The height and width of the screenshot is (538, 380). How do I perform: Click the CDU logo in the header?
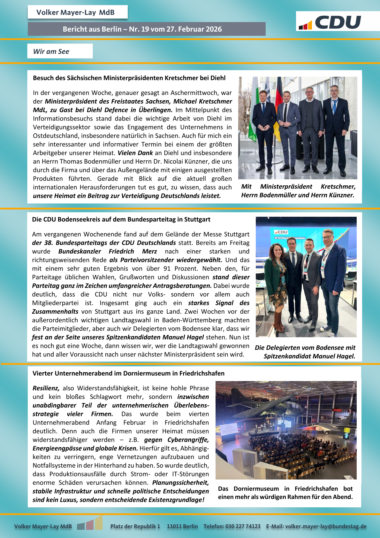coord(330,22)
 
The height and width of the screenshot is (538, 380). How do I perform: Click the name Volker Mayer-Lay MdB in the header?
coord(75,12)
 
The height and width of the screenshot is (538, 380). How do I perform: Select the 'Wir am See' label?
coord(51,51)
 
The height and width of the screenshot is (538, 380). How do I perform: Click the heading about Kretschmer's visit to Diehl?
coord(129,78)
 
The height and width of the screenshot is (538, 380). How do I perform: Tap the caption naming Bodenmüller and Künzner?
coord(298,191)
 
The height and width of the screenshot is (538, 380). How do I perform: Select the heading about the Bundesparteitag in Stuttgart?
coord(121,219)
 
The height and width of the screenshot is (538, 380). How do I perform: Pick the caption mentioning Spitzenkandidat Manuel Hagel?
coord(305,352)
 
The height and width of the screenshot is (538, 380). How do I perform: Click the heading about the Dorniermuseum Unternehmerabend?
coord(128,373)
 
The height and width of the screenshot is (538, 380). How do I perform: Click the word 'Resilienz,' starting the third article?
coord(46,388)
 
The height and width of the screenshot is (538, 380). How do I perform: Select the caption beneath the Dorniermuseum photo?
coord(285,493)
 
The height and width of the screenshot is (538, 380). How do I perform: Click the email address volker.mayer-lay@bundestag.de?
coord(326,526)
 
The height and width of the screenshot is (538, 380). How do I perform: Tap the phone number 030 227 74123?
coord(243,526)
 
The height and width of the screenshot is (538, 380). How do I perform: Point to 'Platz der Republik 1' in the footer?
coord(135,526)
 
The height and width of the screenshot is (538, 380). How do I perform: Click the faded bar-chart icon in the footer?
coord(90,523)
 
